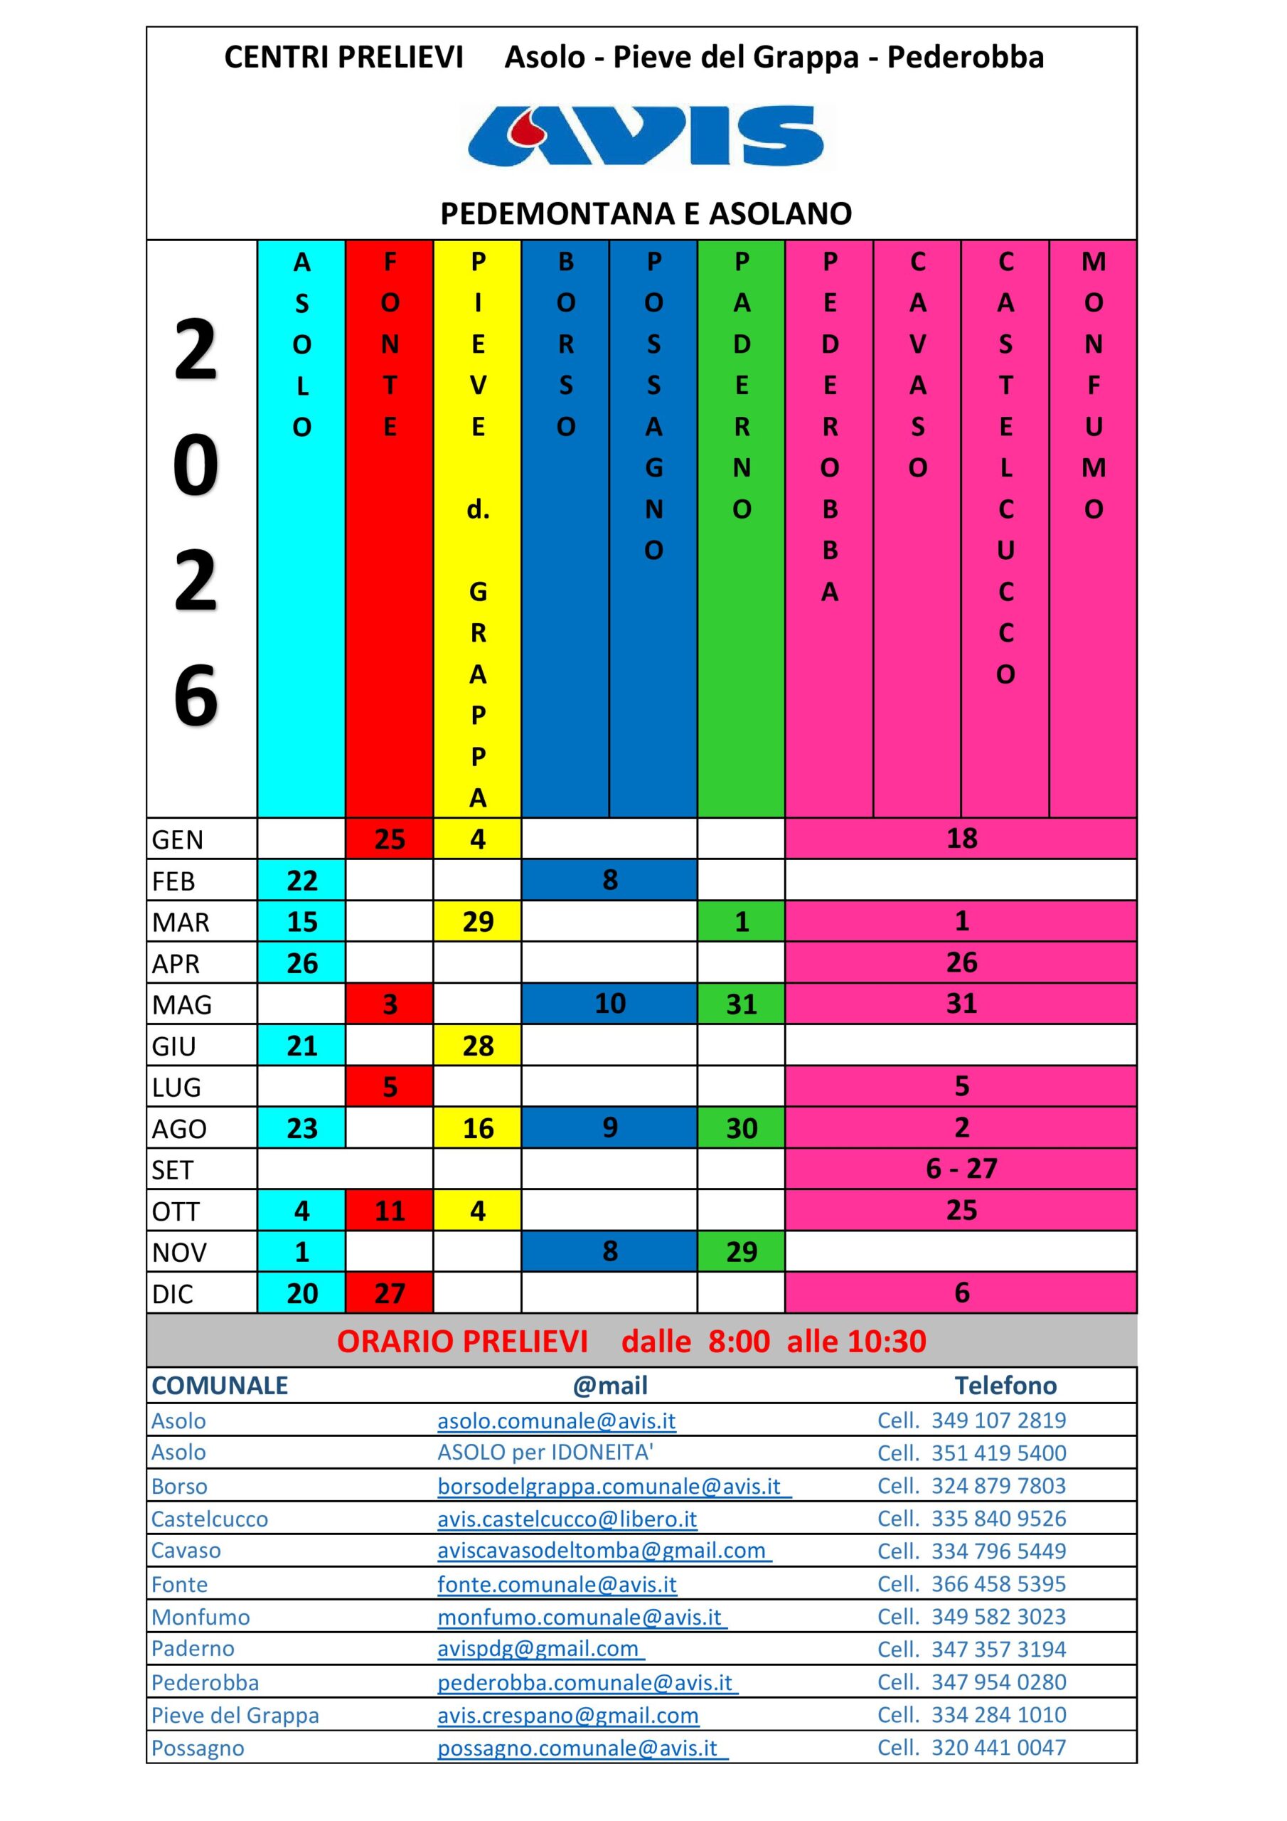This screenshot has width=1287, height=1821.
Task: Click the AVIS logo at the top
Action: [x=646, y=136]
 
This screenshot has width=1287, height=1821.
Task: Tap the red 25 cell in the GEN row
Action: [x=390, y=839]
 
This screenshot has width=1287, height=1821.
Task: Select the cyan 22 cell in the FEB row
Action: [x=301, y=881]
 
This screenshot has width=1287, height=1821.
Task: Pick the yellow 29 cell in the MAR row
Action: [x=477, y=922]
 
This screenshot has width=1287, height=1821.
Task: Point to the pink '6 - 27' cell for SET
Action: [x=961, y=1168]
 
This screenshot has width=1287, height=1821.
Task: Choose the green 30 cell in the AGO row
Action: [x=742, y=1128]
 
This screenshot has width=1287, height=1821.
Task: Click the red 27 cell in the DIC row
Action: [x=390, y=1292]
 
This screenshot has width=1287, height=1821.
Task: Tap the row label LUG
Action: [x=176, y=1087]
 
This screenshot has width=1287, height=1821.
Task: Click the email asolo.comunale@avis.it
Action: [x=556, y=1421]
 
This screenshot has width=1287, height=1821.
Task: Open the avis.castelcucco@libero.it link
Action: [x=567, y=1519]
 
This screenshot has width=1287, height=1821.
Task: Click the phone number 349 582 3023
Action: [x=998, y=1616]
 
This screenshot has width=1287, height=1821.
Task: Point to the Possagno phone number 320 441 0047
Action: [x=998, y=1747]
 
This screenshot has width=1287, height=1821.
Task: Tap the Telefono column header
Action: [x=1005, y=1386]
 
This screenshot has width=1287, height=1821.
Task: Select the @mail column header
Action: [x=610, y=1386]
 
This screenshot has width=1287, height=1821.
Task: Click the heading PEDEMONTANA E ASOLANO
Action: [x=646, y=213]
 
